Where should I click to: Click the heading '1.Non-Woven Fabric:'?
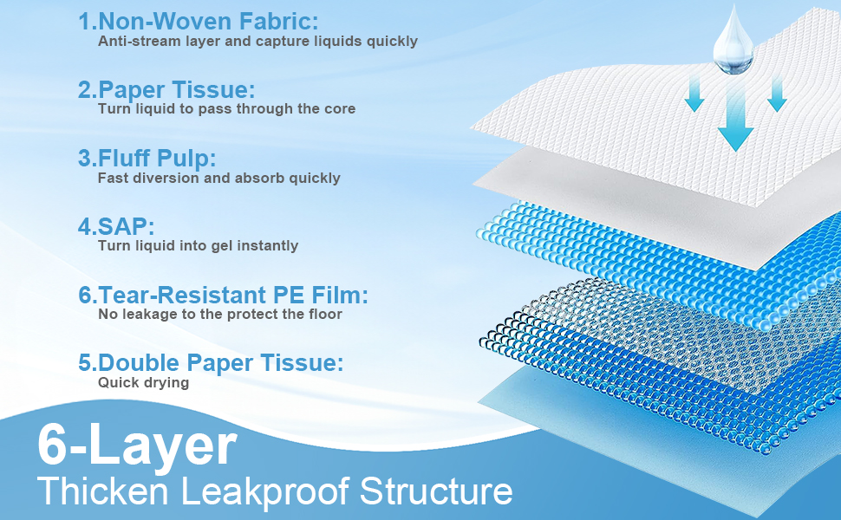click(x=198, y=22)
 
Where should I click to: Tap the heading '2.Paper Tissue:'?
click(x=166, y=89)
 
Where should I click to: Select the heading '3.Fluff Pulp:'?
click(x=147, y=158)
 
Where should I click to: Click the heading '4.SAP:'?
click(x=116, y=226)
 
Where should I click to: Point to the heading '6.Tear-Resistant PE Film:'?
click(x=223, y=295)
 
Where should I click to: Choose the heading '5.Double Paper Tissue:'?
click(x=211, y=363)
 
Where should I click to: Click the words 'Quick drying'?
click(x=143, y=383)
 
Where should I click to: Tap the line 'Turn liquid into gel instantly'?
click(x=198, y=245)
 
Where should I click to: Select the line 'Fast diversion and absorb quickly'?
click(x=218, y=178)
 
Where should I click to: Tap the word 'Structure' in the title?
click(x=436, y=491)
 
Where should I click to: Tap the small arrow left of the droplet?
click(x=694, y=94)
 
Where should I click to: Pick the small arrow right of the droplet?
click(x=777, y=94)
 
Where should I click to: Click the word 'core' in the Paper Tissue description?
click(x=340, y=109)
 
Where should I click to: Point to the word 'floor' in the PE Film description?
click(x=325, y=314)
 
